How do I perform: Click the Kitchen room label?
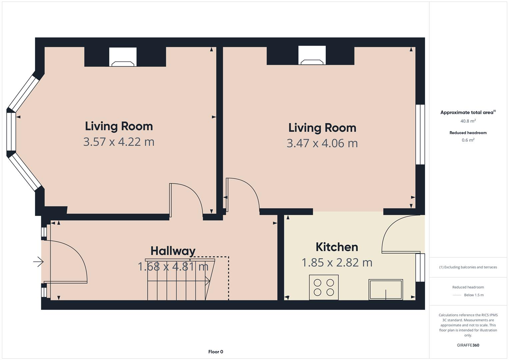click(337, 247)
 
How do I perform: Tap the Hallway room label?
click(173, 251)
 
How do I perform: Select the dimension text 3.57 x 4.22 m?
click(119, 142)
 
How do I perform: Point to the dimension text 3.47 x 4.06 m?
click(322, 143)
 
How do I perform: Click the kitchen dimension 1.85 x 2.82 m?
click(337, 262)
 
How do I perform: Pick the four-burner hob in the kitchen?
click(324, 287)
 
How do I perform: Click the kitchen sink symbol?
click(386, 289)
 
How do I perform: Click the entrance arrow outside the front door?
click(39, 262)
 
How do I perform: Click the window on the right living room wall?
click(420, 134)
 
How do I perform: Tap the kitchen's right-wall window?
click(420, 267)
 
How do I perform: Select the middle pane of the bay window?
click(11, 132)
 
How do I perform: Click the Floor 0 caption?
click(216, 352)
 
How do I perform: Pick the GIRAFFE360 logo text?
click(468, 345)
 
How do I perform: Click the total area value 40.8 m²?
click(468, 121)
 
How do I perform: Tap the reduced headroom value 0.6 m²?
click(468, 140)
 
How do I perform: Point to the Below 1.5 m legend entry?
click(474, 295)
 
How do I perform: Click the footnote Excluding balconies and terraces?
click(468, 267)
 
